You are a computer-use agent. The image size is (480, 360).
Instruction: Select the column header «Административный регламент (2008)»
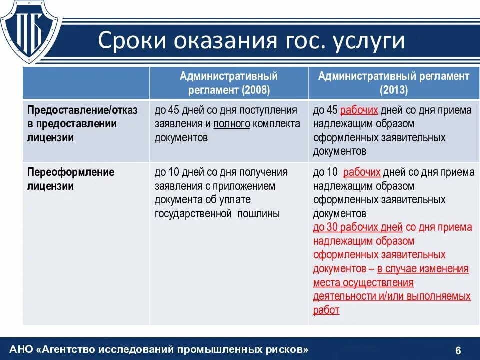click(229, 83)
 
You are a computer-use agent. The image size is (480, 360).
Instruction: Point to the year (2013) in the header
click(394, 90)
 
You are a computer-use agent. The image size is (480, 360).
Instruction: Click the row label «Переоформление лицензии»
click(71, 179)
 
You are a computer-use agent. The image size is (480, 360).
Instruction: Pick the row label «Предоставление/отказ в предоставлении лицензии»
click(82, 124)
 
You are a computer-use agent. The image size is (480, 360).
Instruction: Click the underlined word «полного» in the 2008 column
click(232, 124)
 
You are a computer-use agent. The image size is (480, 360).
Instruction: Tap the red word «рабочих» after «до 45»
click(358, 110)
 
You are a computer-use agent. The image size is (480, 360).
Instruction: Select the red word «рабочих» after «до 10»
click(362, 172)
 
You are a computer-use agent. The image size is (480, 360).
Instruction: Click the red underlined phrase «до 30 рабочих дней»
click(358, 227)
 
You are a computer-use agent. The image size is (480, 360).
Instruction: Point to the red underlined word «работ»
click(326, 310)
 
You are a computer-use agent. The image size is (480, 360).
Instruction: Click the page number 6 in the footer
click(458, 349)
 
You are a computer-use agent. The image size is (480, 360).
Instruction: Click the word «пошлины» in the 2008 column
click(258, 214)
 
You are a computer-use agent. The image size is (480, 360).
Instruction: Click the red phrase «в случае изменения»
click(423, 269)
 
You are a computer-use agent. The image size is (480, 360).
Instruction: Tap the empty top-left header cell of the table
click(86, 83)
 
